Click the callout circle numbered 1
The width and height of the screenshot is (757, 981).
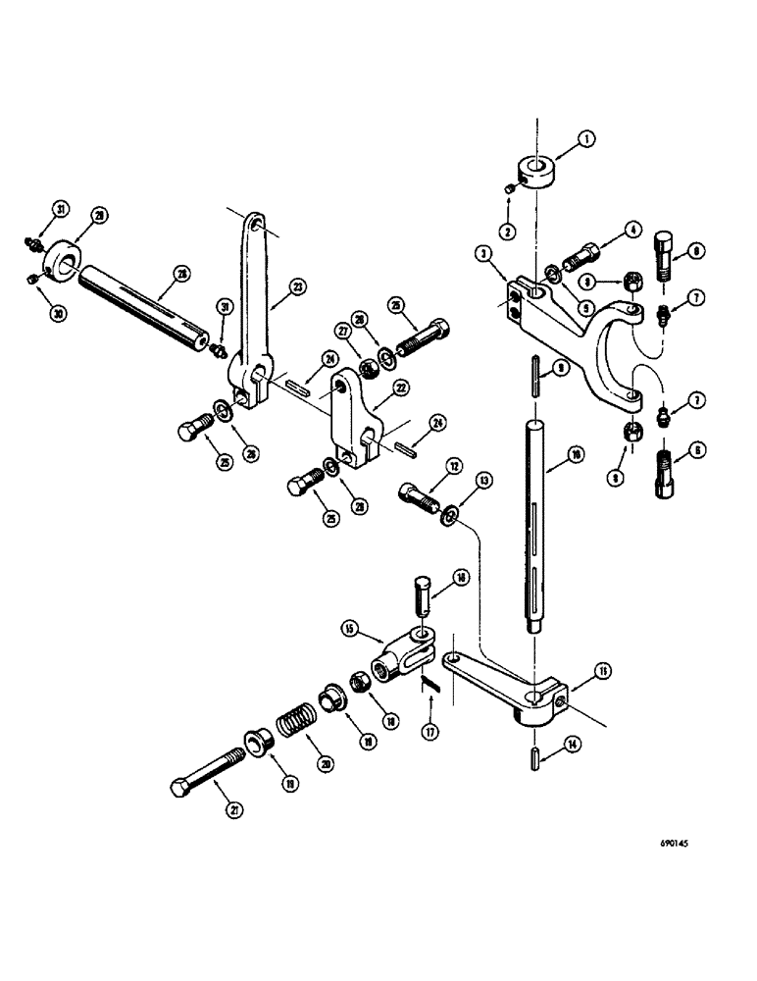(586, 139)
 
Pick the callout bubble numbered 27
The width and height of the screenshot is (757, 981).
(344, 332)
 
